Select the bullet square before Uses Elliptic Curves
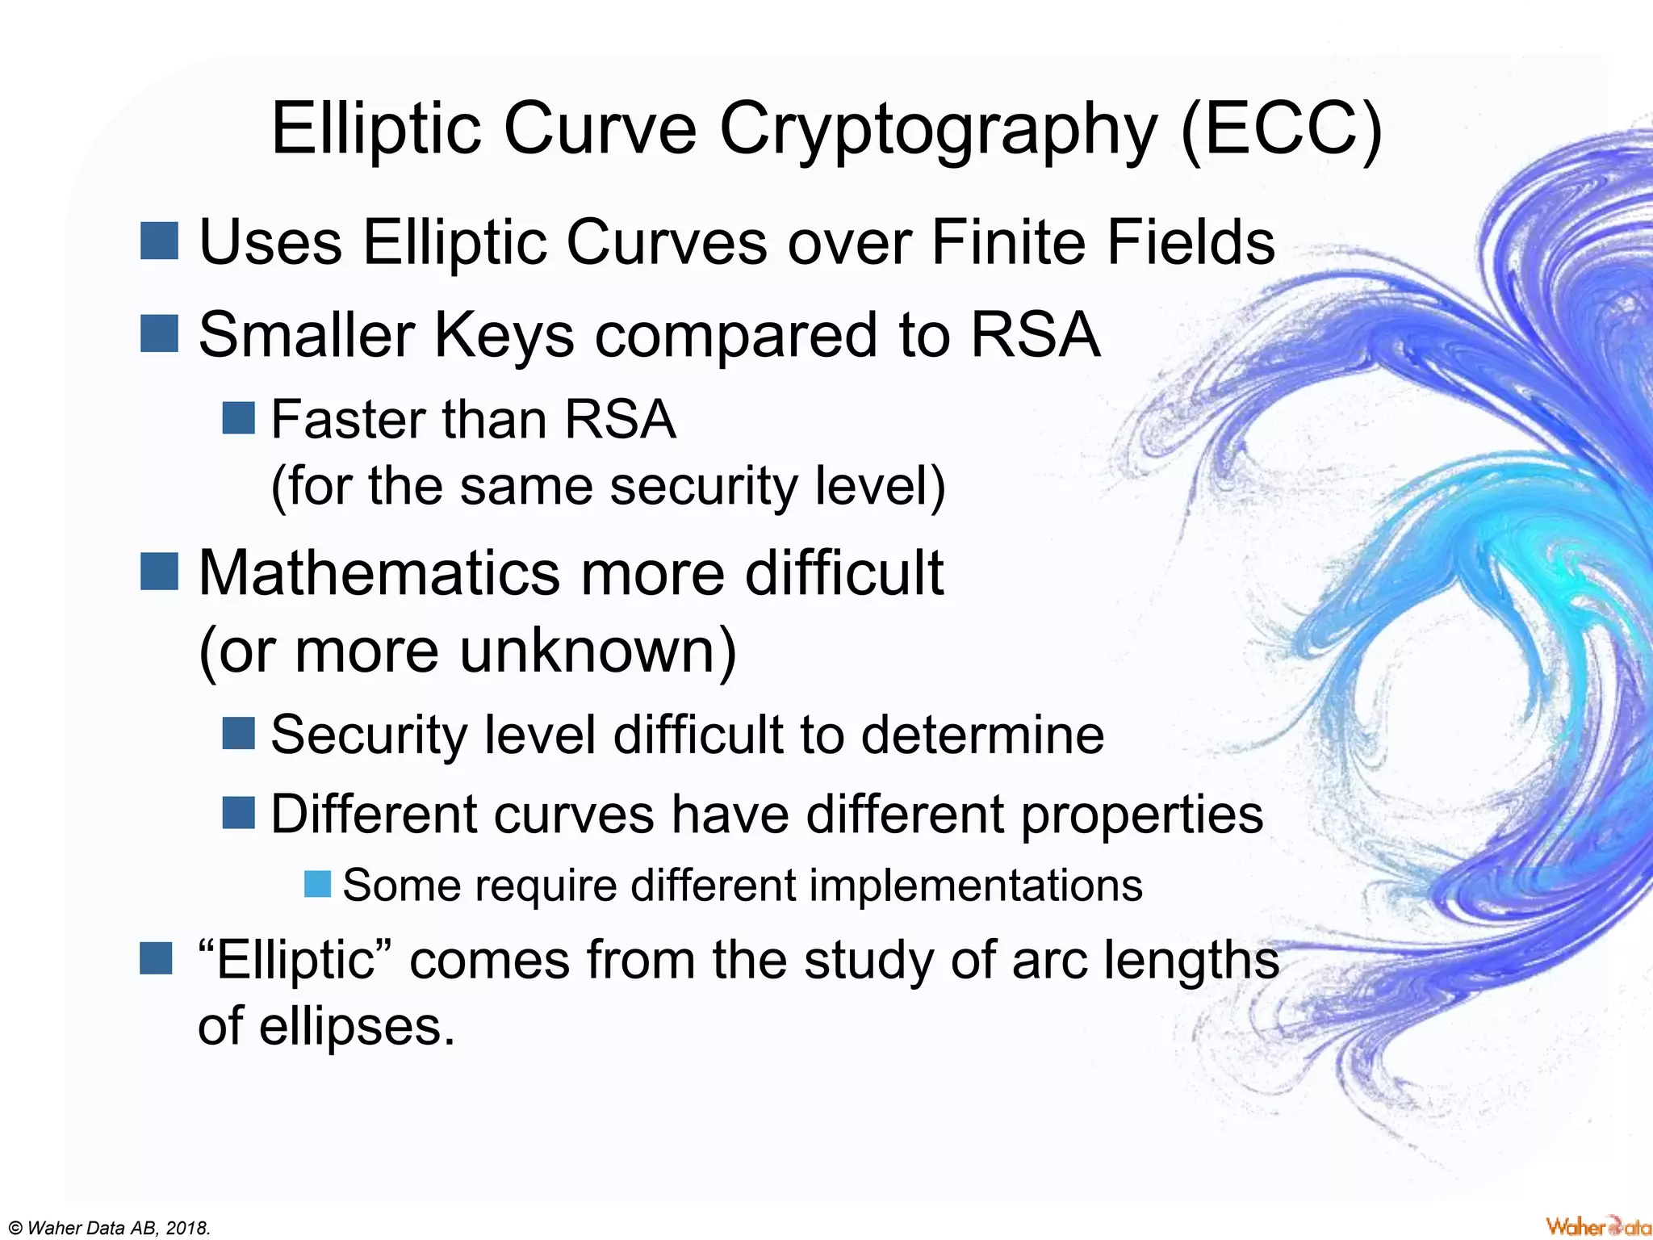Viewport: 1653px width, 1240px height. tap(159, 241)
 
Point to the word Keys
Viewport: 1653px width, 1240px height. tap(504, 334)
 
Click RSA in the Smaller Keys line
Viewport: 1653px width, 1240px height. tap(1035, 334)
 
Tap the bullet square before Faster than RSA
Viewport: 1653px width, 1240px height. tap(238, 418)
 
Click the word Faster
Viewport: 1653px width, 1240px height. tap(346, 420)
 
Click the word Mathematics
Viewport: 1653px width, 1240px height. tap(379, 572)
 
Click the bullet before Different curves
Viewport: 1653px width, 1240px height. tap(238, 813)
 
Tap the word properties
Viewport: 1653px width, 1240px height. tap(1141, 814)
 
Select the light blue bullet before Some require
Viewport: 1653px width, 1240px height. tap(317, 885)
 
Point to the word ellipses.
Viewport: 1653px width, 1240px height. tap(356, 1027)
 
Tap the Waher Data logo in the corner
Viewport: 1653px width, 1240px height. tap(1597, 1225)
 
